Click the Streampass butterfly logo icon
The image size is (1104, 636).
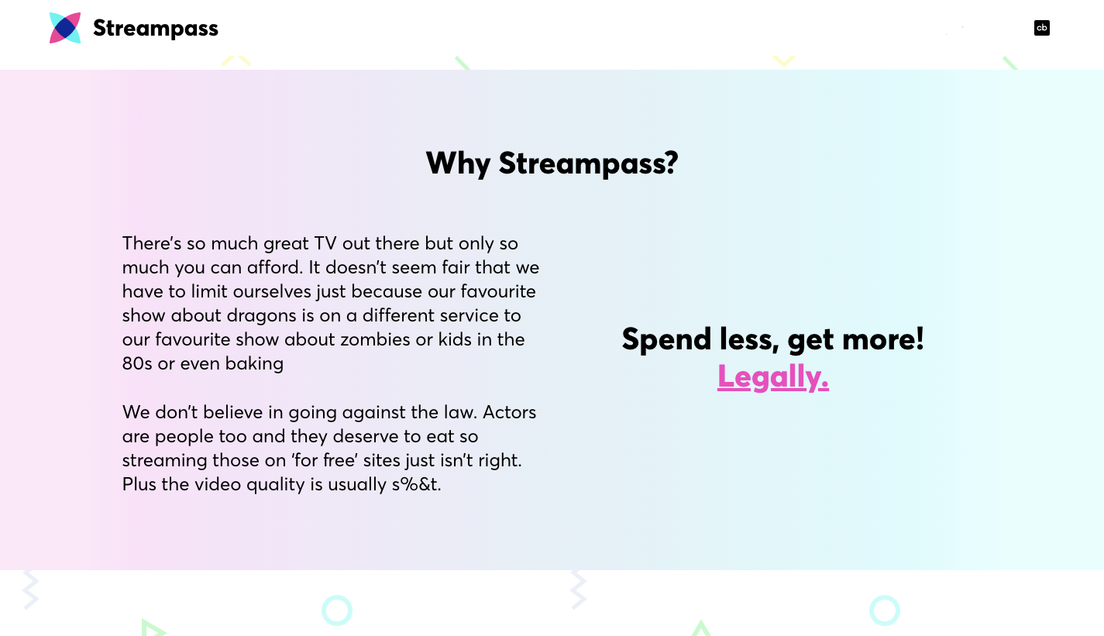(65, 28)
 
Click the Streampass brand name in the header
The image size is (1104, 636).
(156, 29)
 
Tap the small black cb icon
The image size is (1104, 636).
(1042, 28)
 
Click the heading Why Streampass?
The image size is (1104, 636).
(552, 163)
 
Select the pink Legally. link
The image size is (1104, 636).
(773, 376)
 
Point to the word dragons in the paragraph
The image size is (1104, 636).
(262, 315)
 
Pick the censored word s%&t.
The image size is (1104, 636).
(416, 485)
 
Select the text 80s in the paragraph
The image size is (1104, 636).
(137, 363)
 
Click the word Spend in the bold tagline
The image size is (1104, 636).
(665, 339)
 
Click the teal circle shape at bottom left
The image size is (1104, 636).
(337, 610)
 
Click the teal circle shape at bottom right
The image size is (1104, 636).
(885, 610)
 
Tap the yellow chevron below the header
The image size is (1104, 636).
(784, 60)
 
